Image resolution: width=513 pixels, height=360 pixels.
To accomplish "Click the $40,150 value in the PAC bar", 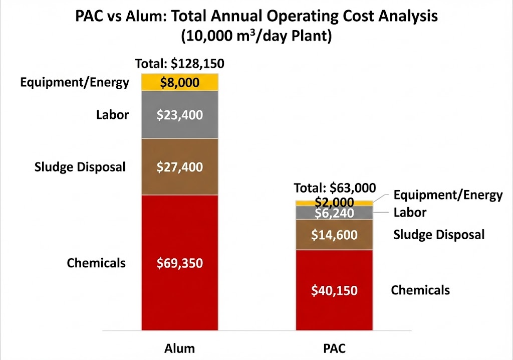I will point(334,290).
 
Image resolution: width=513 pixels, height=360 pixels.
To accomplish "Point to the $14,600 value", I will point(334,234).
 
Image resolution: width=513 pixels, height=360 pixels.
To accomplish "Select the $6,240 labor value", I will point(334,213).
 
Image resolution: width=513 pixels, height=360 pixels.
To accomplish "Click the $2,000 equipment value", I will point(334,202).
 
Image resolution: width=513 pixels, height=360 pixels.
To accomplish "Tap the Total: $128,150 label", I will point(179,64).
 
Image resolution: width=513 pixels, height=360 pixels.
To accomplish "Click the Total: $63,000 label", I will point(335,188).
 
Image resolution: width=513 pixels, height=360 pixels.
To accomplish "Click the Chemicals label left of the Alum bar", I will point(96,263).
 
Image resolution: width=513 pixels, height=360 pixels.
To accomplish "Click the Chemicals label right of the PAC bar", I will point(420,290).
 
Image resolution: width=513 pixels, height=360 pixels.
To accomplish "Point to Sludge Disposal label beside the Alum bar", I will point(80,166).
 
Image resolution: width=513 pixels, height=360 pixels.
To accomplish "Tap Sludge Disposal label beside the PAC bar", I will point(439,234).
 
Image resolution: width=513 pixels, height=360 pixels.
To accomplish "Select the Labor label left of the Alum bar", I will point(113,115).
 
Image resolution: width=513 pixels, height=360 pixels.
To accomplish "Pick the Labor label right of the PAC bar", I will point(410,213).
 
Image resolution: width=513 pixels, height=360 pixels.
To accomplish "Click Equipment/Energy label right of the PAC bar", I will point(448,195).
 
